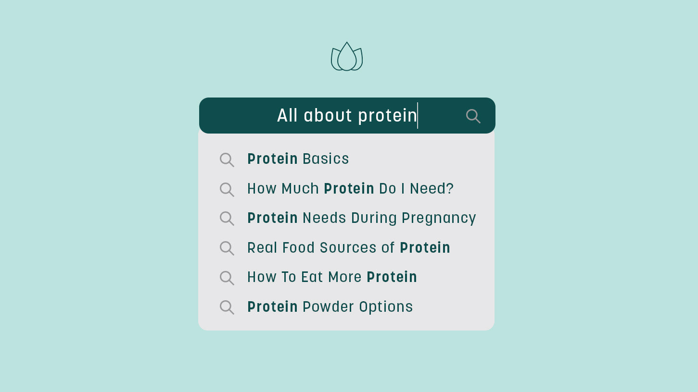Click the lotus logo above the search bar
coord(346,57)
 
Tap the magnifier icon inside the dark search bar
coord(473,116)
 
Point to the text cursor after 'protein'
coord(418,115)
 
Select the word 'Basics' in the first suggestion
coord(326,159)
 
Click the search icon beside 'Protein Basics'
coord(227,159)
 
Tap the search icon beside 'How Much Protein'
coord(227,189)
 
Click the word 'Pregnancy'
coord(438,218)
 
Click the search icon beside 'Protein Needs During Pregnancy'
coord(227,219)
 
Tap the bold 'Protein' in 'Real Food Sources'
coord(425,248)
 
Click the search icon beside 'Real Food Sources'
coord(227,248)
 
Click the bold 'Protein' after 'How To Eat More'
coord(392,277)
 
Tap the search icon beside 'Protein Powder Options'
coord(227,307)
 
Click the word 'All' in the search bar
coord(287,115)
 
